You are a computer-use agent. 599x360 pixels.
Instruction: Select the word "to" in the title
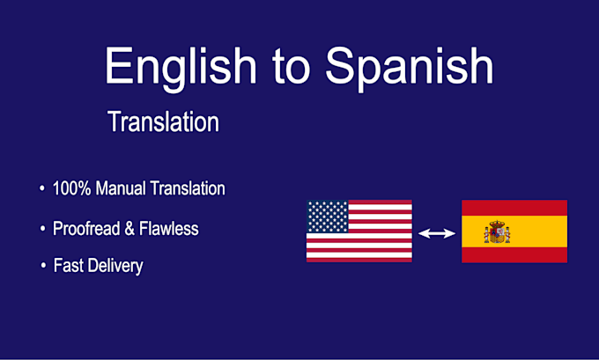click(x=291, y=66)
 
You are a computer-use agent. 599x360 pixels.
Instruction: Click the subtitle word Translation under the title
click(x=164, y=121)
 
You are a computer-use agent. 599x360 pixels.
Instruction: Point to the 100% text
click(x=72, y=188)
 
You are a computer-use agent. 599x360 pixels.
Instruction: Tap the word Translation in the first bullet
click(x=188, y=188)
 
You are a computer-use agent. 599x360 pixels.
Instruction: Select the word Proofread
click(x=86, y=229)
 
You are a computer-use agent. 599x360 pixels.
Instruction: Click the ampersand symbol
click(x=129, y=229)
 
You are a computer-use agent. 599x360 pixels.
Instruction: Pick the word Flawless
click(x=169, y=229)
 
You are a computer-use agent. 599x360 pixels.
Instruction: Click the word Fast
click(x=69, y=265)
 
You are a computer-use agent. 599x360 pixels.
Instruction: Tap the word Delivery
click(x=115, y=266)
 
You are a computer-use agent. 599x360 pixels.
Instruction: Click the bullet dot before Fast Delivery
click(x=43, y=265)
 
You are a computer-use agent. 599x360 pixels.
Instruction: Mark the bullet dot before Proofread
click(x=43, y=228)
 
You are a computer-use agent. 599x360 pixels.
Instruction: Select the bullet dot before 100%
click(x=42, y=187)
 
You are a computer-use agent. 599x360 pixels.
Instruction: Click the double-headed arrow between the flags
click(x=437, y=233)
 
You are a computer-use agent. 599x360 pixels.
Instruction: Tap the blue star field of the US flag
click(x=328, y=217)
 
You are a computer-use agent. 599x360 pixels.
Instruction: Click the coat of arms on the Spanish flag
click(x=497, y=231)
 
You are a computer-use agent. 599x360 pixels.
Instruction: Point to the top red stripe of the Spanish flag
click(x=514, y=208)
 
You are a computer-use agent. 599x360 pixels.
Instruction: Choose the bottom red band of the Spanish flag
click(x=514, y=254)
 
